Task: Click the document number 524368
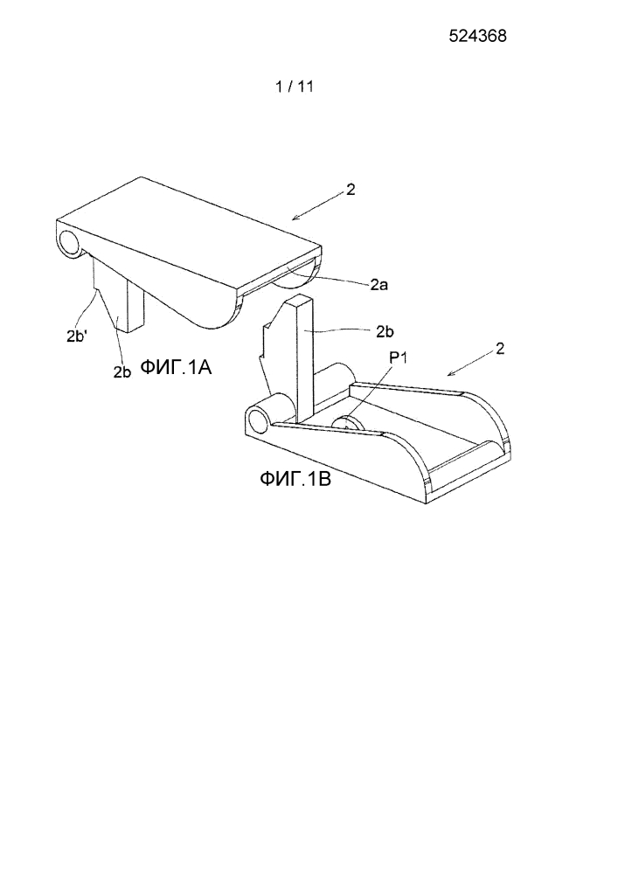pos(477,36)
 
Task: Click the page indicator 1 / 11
pos(295,87)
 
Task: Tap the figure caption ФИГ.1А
pos(176,367)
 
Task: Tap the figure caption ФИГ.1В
pos(295,478)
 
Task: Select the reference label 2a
pos(379,285)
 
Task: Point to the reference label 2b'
pos(76,336)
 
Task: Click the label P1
pos(398,357)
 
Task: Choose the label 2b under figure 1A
pos(122,372)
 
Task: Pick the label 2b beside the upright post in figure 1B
pos(385,331)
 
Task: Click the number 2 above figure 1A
pos(350,190)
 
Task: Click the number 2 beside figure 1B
pos(500,349)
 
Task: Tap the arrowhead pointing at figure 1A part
pos(297,218)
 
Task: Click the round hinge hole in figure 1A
pos(70,243)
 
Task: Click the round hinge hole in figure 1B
pos(259,420)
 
